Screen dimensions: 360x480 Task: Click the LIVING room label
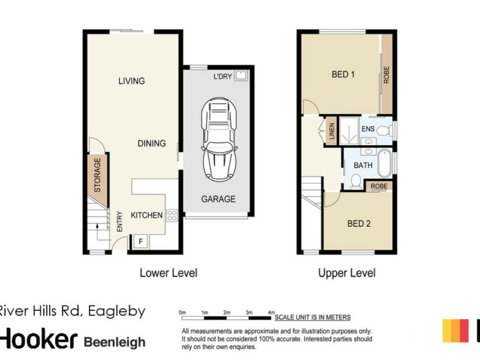(131, 81)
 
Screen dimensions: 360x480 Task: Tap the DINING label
(151, 143)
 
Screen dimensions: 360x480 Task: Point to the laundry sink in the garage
(242, 76)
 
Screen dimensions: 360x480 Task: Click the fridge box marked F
(141, 241)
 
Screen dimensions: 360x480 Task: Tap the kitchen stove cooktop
(172, 215)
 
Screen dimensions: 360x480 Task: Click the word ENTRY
(120, 221)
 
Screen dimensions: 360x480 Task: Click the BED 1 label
(344, 75)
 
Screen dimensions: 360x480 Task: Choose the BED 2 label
(359, 224)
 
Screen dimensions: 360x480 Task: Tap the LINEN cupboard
(331, 131)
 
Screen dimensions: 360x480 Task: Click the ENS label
(368, 128)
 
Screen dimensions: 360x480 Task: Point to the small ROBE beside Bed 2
(379, 187)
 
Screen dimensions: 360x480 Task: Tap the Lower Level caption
(168, 273)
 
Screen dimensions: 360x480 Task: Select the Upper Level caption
(347, 273)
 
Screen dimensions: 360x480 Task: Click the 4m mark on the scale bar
(271, 313)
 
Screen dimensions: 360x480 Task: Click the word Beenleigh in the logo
(114, 342)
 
